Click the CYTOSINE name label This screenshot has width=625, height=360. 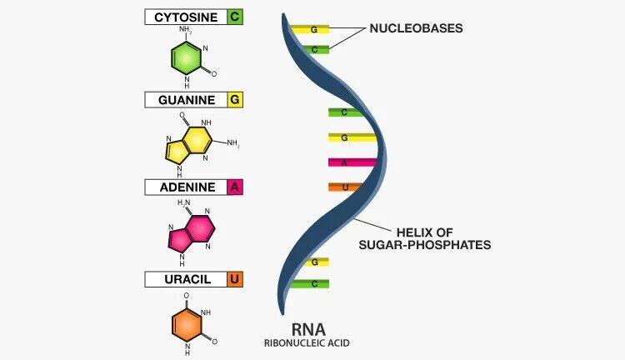pyautogui.click(x=185, y=17)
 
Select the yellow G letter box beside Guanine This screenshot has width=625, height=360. pyautogui.click(x=234, y=100)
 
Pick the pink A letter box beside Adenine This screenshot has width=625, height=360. pyautogui.click(x=234, y=187)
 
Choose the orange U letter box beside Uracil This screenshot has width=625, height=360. pyautogui.click(x=234, y=279)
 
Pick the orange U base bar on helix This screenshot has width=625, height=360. pyautogui.click(x=343, y=187)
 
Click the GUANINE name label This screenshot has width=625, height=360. pyautogui.click(x=185, y=100)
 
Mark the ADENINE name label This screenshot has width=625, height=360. pyautogui.click(x=185, y=187)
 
